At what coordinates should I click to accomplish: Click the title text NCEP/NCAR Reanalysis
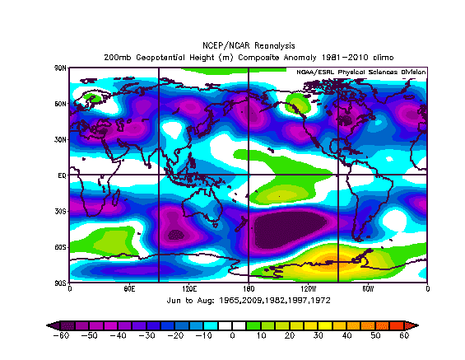click(x=249, y=45)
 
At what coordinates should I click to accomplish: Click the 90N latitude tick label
click(x=61, y=68)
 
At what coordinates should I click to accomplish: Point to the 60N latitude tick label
click(x=61, y=104)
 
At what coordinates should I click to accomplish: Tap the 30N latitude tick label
click(x=61, y=140)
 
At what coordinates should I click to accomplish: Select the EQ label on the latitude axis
click(x=63, y=175)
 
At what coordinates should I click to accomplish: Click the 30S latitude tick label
click(x=61, y=212)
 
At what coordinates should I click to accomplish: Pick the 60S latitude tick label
click(x=61, y=247)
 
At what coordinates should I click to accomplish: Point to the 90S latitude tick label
click(x=61, y=283)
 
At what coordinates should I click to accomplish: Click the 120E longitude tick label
click(x=189, y=288)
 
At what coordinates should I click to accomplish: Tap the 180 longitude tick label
click(x=249, y=288)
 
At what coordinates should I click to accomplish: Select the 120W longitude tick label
click(x=309, y=288)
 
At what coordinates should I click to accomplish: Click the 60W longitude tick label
click(x=368, y=288)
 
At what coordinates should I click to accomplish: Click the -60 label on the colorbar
click(x=62, y=335)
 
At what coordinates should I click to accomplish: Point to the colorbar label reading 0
click(x=232, y=335)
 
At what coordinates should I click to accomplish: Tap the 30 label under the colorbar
click(x=319, y=335)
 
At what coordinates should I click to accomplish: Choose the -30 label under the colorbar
click(x=147, y=335)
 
